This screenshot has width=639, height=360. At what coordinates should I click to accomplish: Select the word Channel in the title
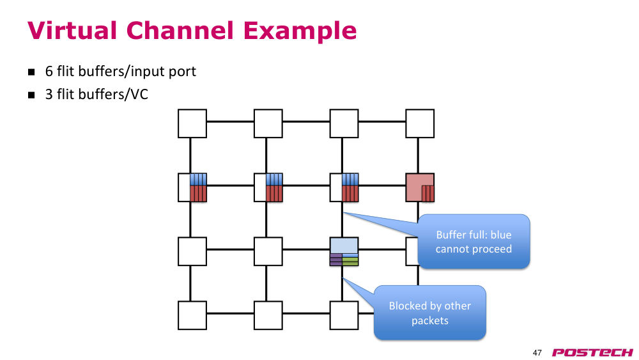tap(180, 31)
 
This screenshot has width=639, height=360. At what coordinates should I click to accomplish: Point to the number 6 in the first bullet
tap(49, 72)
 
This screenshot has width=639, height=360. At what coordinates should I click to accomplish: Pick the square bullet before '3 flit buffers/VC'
tap(31, 95)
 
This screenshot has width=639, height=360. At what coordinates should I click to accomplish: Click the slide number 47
tap(537, 352)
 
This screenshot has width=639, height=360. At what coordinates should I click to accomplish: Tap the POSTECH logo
tap(592, 352)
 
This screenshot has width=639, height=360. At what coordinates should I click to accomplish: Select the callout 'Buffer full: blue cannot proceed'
tap(473, 241)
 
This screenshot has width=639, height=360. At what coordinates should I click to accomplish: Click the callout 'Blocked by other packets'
tap(430, 313)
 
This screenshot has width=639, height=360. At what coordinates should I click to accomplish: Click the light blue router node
tap(344, 246)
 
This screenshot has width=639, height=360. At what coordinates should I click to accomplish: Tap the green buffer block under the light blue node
tap(350, 260)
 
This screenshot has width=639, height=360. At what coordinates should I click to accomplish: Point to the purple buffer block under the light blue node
tap(336, 260)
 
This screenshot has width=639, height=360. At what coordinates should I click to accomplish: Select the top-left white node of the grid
tap(192, 123)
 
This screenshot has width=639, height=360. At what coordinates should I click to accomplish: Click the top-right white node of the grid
tap(420, 123)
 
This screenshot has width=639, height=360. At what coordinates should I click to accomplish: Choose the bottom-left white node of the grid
tap(192, 315)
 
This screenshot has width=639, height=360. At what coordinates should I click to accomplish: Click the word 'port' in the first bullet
tap(183, 72)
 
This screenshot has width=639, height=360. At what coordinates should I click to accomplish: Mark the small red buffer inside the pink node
tap(427, 193)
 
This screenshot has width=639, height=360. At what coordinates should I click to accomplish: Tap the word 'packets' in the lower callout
tap(430, 320)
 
